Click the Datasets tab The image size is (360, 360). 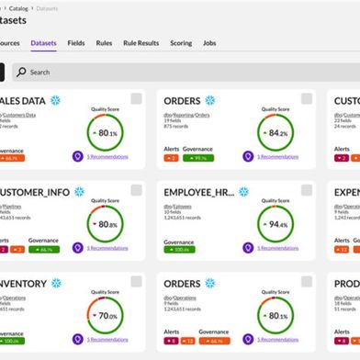[x=43, y=42]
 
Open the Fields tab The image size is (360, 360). [x=76, y=42]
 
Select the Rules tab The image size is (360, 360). [x=104, y=42]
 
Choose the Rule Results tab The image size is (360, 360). [x=141, y=42]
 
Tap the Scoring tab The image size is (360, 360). [x=181, y=42]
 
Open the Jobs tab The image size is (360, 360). [x=210, y=42]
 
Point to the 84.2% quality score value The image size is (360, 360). [x=275, y=133]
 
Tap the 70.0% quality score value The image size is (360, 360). [x=108, y=315]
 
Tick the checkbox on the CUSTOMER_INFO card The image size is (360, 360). [x=136, y=190]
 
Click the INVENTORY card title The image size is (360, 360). [x=22, y=283]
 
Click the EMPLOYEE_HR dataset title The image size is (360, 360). [x=198, y=192]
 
